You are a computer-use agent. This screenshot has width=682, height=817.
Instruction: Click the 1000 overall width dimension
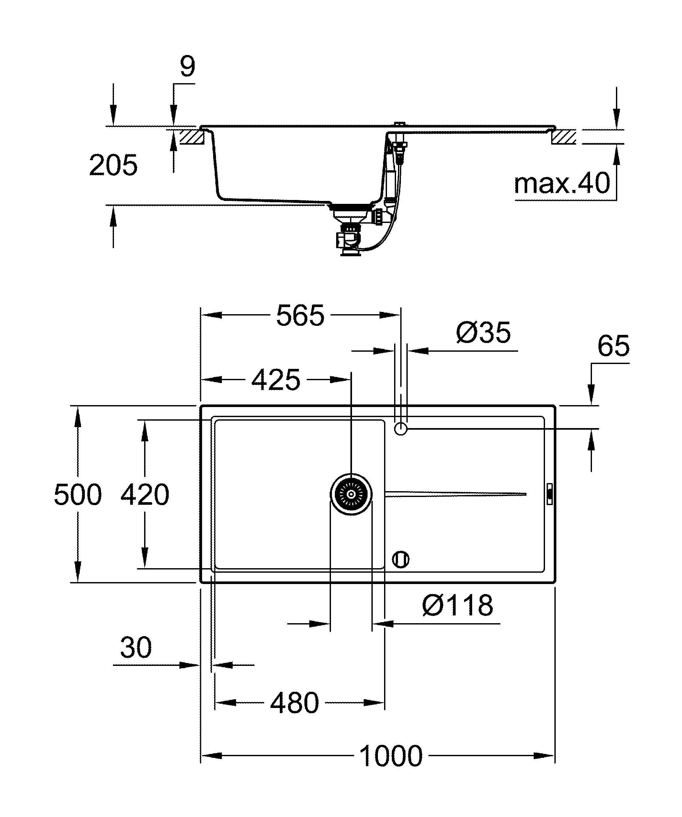[391, 756]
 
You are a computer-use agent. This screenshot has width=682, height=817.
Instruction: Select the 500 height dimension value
[77, 495]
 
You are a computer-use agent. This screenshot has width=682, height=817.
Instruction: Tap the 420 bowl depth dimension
[145, 495]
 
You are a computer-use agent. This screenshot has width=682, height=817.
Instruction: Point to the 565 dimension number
[300, 315]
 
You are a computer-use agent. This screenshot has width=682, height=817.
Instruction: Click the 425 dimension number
[276, 380]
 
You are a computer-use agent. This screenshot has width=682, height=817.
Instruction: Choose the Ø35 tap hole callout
[483, 333]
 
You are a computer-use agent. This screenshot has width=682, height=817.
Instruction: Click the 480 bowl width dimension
[294, 703]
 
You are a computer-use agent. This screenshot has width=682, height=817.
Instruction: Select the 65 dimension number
[613, 346]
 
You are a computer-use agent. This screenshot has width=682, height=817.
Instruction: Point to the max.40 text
[562, 184]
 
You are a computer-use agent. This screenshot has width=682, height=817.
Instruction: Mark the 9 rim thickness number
[187, 67]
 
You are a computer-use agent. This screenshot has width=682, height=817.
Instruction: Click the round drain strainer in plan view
[351, 494]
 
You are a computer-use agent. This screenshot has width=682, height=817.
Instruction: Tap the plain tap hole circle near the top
[401, 429]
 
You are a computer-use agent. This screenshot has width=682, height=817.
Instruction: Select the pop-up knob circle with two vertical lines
[401, 560]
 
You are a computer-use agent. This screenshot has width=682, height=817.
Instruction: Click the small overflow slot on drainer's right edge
[550, 494]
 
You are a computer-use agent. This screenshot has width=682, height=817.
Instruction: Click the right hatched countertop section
[564, 137]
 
